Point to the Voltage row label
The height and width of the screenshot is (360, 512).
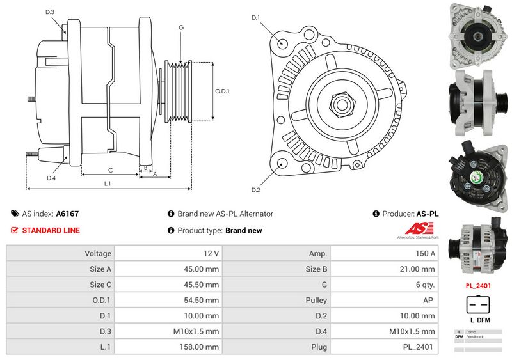coord(98,253)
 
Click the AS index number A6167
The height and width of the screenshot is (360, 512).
coord(68,214)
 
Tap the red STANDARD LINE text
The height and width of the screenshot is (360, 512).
coord(51,230)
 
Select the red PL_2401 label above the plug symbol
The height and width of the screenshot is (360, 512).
coord(478,286)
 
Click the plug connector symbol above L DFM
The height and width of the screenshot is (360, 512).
coord(477,304)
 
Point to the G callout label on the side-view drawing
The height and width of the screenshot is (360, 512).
coord(181,27)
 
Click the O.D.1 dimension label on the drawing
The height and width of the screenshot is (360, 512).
coord(223,91)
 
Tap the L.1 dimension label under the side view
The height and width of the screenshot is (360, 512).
coord(108,184)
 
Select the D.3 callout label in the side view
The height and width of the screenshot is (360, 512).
coord(50,12)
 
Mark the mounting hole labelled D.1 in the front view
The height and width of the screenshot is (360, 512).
coord(282,43)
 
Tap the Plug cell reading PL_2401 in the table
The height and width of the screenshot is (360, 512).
coord(419,347)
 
